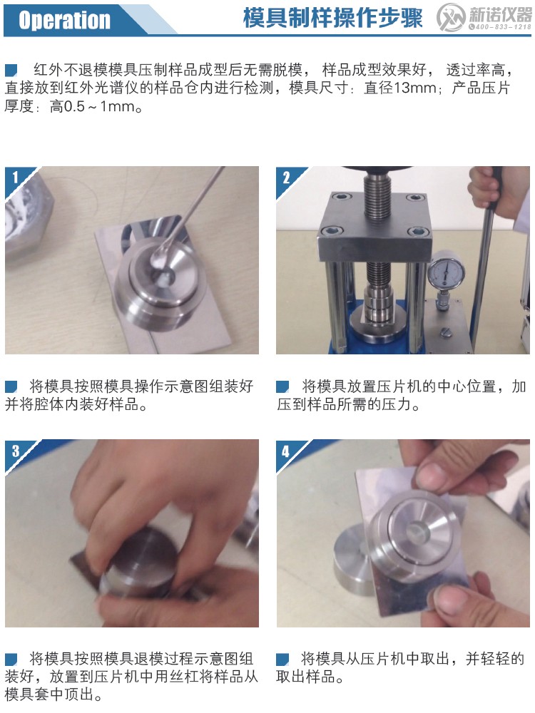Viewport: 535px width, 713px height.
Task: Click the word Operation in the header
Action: pyautogui.click(x=64, y=20)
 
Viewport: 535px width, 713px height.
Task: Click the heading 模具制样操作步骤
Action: pyautogui.click(x=332, y=19)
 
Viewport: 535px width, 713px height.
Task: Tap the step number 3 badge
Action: pyautogui.click(x=15, y=450)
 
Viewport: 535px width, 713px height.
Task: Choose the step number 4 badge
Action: pyautogui.click(x=286, y=450)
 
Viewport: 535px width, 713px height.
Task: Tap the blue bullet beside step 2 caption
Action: pyautogui.click(x=283, y=386)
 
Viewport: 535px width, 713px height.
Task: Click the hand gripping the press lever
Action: pyautogui.click(x=486, y=187)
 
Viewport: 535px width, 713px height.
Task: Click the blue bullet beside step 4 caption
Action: pyautogui.click(x=283, y=658)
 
